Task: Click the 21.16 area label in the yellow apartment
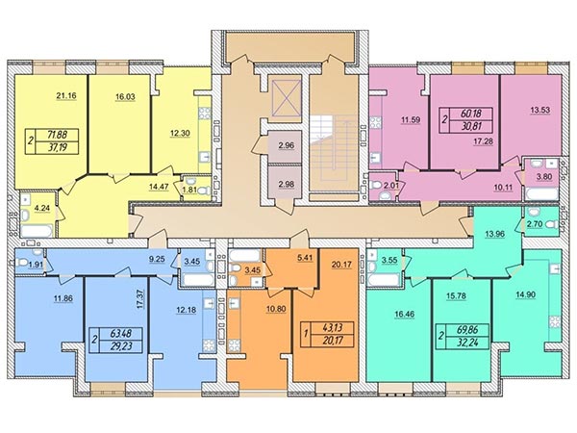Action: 66,96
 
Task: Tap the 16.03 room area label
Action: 125,97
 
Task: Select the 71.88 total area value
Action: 59,135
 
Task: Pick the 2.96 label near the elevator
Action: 287,145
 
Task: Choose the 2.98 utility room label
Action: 287,184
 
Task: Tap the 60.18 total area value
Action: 471,113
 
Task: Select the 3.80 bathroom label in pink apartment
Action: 544,176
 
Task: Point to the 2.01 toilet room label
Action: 391,186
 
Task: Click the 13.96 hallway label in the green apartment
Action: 494,234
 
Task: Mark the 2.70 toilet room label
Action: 535,224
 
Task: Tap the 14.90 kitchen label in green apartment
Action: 525,294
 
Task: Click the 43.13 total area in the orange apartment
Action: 331,327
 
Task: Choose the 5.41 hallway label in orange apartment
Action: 305,258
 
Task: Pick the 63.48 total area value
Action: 121,334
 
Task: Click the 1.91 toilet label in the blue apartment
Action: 36,264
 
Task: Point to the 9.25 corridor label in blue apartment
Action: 157,259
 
